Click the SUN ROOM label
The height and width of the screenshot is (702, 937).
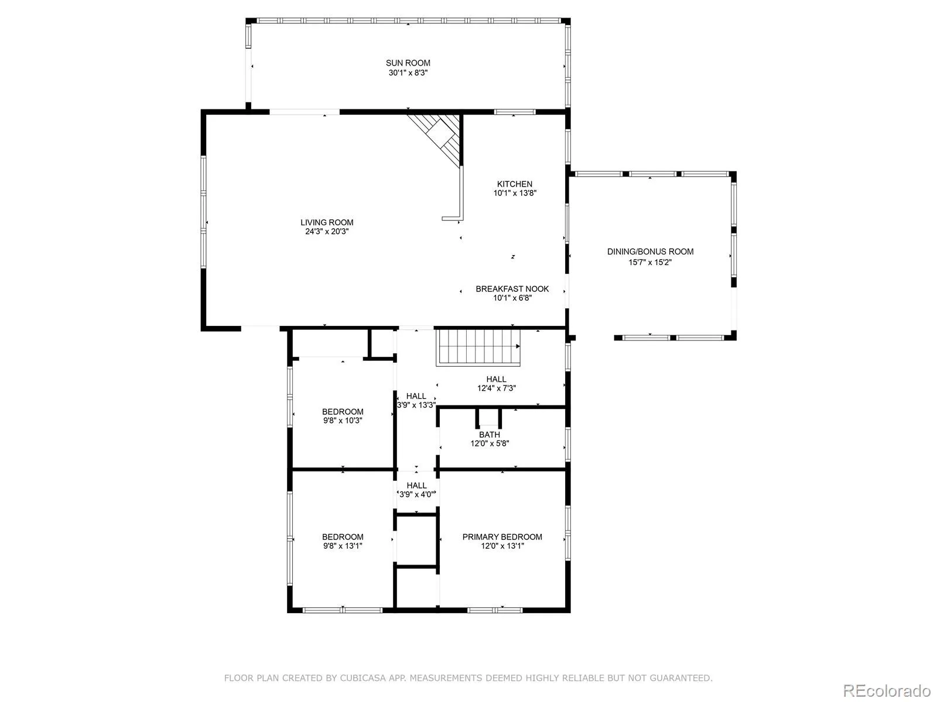[x=408, y=63]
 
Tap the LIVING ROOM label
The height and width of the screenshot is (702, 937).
[x=327, y=222]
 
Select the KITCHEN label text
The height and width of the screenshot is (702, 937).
[x=514, y=184]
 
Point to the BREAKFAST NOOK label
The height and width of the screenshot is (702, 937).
[x=512, y=289]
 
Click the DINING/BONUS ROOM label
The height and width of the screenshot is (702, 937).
[x=650, y=252]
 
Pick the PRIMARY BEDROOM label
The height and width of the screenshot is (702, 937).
[x=502, y=537]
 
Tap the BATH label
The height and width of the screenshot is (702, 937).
[x=489, y=435]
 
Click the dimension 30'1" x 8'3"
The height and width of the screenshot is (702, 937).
[x=408, y=73]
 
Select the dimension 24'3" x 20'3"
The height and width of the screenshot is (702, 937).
[x=327, y=232]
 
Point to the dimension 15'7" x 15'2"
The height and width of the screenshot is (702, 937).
[x=649, y=262]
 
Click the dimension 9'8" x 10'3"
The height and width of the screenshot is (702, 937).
[x=343, y=421]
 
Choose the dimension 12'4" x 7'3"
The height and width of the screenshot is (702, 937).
[x=496, y=388]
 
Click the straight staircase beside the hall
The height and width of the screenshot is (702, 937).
[x=478, y=348]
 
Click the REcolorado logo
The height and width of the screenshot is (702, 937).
[x=887, y=690]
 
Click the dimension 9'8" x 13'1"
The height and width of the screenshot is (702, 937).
[x=343, y=546]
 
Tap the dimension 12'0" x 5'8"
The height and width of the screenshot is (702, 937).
[x=489, y=443]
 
